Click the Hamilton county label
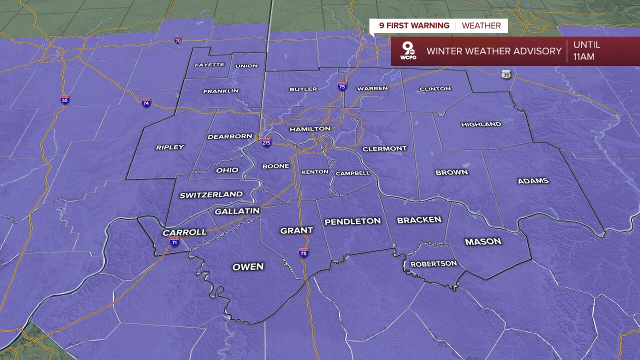click(310, 129)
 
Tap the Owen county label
click(248, 267)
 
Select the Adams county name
click(533, 181)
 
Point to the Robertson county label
click(433, 264)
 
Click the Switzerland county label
click(211, 195)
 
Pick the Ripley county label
click(170, 147)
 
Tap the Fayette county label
click(209, 65)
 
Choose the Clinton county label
click(435, 89)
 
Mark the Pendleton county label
click(352, 221)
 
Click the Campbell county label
click(352, 173)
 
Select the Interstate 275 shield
click(266, 142)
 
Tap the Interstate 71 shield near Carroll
click(174, 242)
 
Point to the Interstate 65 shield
click(64, 99)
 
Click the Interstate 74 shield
click(146, 102)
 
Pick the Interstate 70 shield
click(178, 40)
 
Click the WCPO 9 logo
click(408, 51)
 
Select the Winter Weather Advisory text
click(494, 51)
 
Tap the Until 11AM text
click(587, 51)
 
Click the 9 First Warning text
click(414, 26)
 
